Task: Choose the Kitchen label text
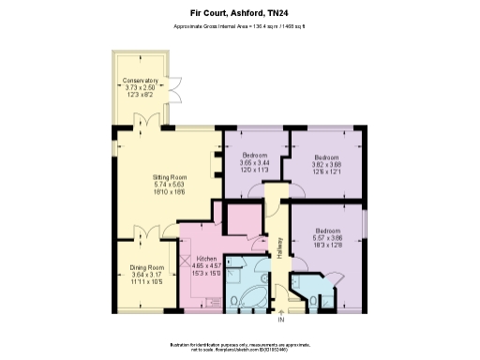pos(206,265)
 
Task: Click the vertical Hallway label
pos(279,248)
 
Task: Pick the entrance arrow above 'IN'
pos(279,314)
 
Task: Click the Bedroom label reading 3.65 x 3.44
pos(255,162)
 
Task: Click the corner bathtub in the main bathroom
pos(246,300)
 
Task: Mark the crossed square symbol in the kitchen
pos(187,265)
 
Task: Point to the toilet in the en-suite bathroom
pos(308,302)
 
